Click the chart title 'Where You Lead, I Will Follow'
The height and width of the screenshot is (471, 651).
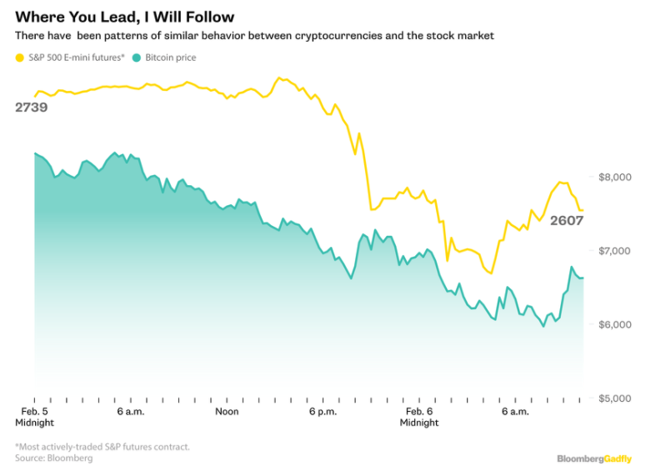pos(124,17)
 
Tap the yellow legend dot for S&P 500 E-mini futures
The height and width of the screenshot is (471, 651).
pos(20,58)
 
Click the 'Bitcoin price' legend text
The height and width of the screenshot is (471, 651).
pos(171,58)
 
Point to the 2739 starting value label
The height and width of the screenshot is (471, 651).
pos(31,108)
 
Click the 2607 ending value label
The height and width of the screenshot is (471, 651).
pos(566,221)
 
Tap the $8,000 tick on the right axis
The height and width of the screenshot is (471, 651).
pos(615,177)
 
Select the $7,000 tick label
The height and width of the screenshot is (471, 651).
pos(615,250)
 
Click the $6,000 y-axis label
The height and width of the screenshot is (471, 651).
pos(615,324)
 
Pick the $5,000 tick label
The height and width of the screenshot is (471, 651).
pos(615,398)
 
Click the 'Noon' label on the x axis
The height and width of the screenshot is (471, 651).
pos(227,412)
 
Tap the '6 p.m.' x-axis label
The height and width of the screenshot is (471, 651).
pos(322,412)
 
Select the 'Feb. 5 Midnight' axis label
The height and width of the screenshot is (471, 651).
pos(34,417)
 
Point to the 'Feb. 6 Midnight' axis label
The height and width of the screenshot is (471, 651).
pos(418,417)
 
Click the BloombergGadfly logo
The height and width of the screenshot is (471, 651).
pos(594,458)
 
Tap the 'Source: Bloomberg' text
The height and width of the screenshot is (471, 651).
pos(54,458)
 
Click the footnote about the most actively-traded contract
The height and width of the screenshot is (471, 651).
pos(103,447)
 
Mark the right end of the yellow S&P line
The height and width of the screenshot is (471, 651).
pos(583,210)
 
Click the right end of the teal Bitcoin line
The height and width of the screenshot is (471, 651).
pos(583,278)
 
